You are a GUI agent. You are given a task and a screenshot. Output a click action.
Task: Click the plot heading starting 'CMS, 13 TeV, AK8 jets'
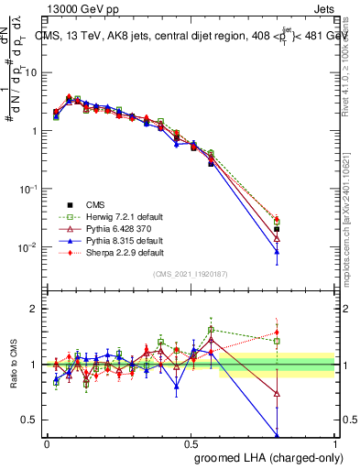tap(192, 37)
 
